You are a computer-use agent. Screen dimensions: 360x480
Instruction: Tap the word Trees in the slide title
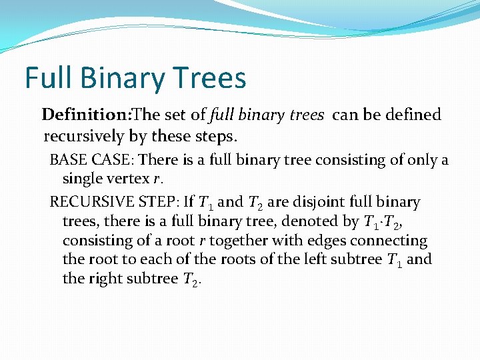coord(213,78)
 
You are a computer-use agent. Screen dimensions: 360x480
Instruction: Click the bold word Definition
coord(86,115)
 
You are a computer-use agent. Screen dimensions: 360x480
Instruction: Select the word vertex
coord(128,179)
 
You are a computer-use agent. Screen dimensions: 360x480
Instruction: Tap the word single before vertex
coord(83,179)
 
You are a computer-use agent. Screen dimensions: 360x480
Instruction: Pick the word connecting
coord(391,241)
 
